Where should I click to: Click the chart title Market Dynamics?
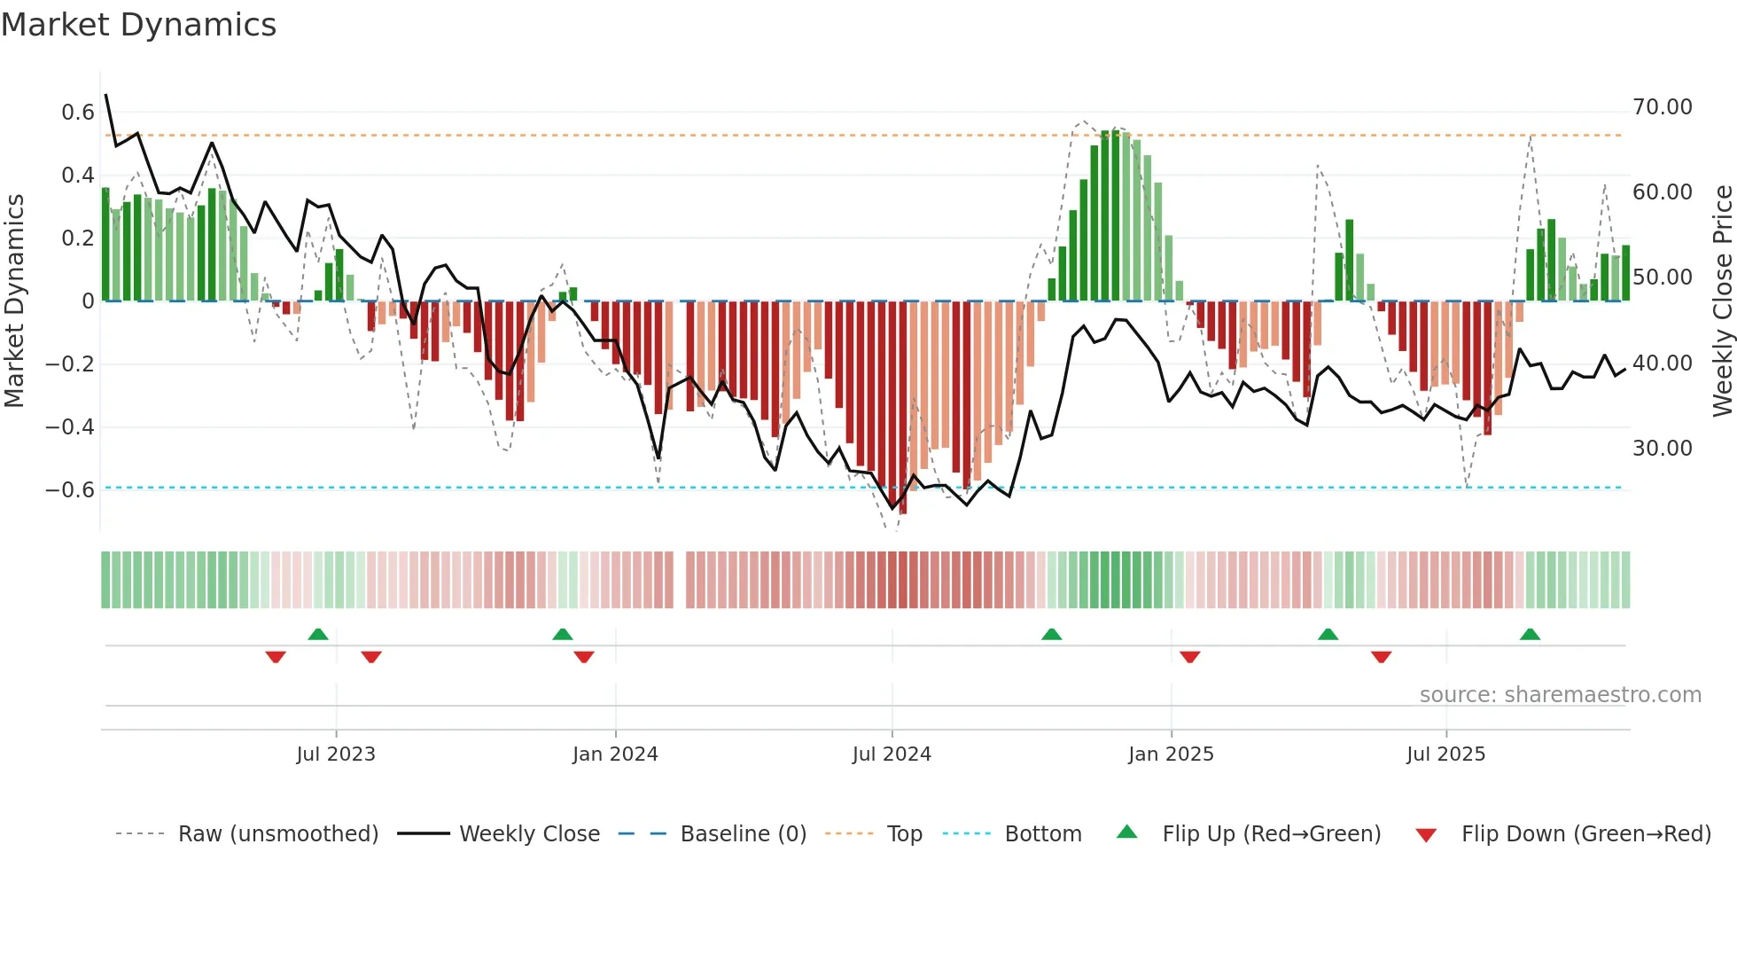coord(139,25)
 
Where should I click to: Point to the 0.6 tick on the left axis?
coord(77,113)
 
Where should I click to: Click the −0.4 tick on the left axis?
coord(69,427)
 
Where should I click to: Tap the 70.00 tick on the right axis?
coord(1663,107)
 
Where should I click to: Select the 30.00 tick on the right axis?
coord(1663,449)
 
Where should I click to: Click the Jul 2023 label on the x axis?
coord(336,754)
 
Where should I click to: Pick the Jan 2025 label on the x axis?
coord(1171,754)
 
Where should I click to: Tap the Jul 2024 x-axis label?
coord(892,754)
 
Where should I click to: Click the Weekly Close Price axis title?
coord(1722,301)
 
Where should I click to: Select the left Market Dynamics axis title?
coord(14,301)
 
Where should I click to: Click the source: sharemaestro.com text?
coord(1560,695)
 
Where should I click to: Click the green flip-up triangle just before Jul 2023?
coord(318,634)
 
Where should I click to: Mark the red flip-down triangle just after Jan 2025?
coord(1190,657)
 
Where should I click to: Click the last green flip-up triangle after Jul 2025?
coord(1530,634)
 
